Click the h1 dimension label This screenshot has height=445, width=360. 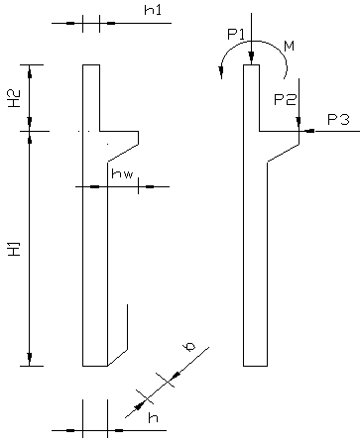pos(153,10)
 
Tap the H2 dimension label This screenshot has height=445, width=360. pos(15,98)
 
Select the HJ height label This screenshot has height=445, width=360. pos(15,249)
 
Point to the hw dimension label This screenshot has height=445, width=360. pos(122,173)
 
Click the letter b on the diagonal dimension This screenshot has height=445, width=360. pos(190,347)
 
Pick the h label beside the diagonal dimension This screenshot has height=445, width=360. pos(153,417)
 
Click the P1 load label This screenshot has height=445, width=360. pos(236,34)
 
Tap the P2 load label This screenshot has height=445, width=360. pos(285,99)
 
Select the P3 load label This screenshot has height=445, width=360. pos(338,119)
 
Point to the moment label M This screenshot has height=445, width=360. pos(290,46)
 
